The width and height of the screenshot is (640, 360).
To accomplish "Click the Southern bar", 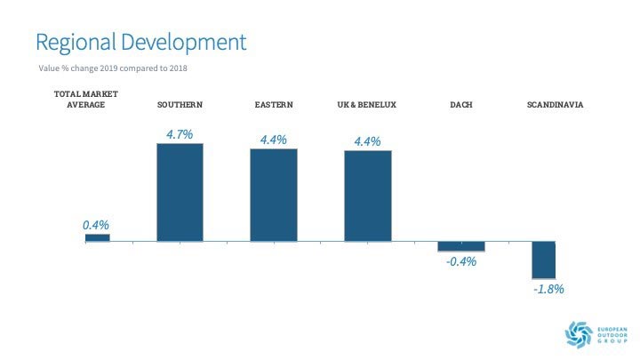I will (180, 192).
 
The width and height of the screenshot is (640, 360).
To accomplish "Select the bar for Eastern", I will (273, 195).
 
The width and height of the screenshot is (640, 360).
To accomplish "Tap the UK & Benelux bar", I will (367, 196).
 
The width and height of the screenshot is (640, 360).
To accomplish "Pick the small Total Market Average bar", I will (97, 237).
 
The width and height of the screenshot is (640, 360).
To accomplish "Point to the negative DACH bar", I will (461, 246).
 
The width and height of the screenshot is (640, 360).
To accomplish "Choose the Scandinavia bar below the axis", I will (543, 260).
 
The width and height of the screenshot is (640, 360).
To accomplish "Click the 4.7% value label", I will (180, 134).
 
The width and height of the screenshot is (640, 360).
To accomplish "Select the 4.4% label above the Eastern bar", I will (273, 140).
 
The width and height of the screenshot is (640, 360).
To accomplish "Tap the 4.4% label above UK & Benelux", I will (367, 140).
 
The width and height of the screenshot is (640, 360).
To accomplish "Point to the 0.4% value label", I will (96, 225).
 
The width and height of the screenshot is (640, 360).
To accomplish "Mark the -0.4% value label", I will (462, 261).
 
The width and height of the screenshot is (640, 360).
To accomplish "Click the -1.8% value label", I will (548, 289).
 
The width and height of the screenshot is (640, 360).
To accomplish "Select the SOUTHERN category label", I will (180, 105).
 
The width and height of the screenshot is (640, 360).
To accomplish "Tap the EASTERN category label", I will (273, 105).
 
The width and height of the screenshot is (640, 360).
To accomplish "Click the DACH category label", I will (461, 105).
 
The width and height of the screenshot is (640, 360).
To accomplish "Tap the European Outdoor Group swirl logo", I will (579, 332).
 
